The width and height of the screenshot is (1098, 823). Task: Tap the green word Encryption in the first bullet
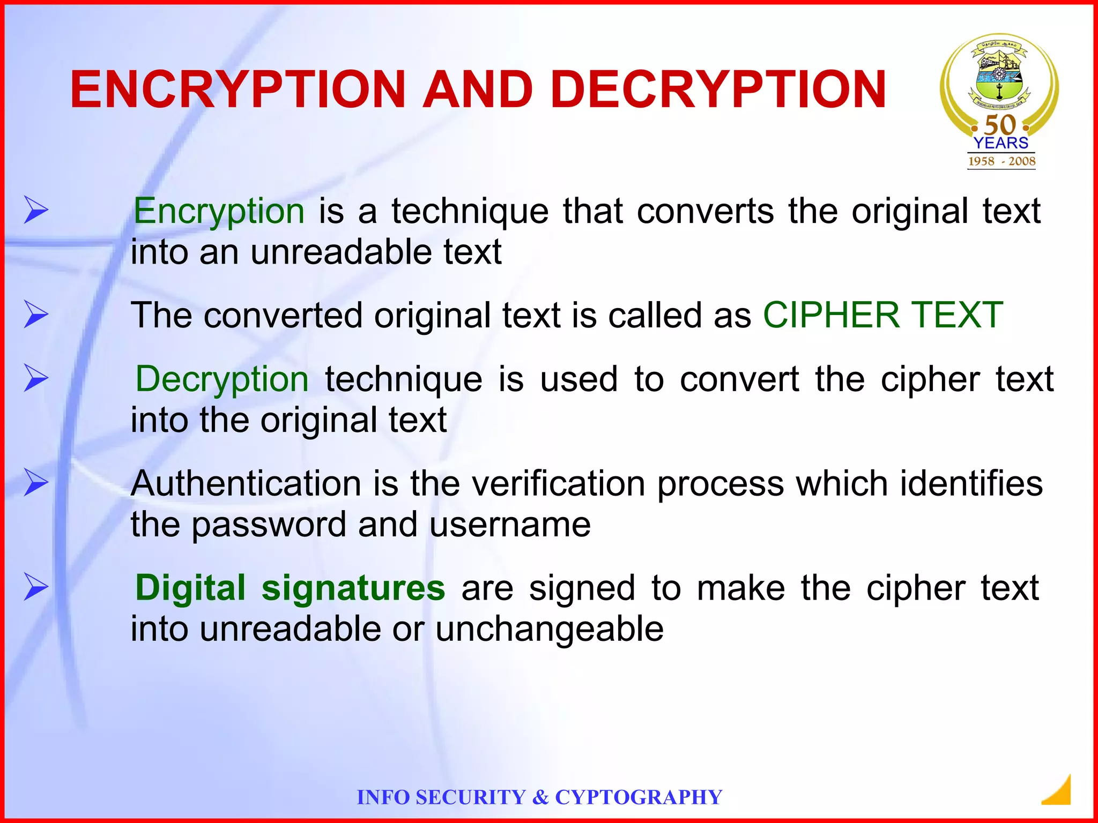coord(219,211)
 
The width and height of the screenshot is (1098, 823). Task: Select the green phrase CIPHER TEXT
coord(882,315)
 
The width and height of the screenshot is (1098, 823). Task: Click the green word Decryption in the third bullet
coord(222,379)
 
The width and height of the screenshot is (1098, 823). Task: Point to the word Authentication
coord(246,483)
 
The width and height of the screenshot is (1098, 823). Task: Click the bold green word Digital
coord(190,588)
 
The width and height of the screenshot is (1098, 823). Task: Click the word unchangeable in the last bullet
coord(550,629)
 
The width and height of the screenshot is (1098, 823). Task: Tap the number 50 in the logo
coord(1000,125)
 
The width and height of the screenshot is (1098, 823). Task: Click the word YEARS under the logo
coord(1001,143)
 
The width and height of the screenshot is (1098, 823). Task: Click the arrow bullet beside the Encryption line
coord(36,210)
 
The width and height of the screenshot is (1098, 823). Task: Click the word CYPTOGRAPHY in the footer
coord(639,797)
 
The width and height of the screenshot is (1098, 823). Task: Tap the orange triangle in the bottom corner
coord(1059,791)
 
